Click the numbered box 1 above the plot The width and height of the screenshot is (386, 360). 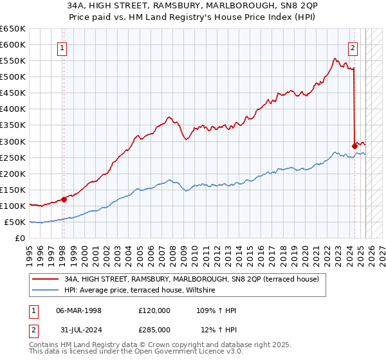(x=63, y=47)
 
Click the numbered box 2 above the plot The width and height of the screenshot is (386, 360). (x=353, y=47)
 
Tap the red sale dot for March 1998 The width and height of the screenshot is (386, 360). (x=64, y=199)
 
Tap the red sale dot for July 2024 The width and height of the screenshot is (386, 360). (x=354, y=146)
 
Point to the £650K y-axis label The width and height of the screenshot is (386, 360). (x=13, y=29)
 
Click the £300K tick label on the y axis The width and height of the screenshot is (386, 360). (x=13, y=141)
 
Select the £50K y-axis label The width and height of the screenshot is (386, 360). (x=15, y=222)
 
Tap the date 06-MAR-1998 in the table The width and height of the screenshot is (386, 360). (x=79, y=310)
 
